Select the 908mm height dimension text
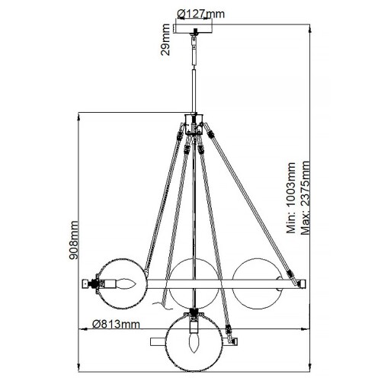coord(74,240)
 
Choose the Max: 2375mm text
coord(304,200)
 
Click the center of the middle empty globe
coord(194,283)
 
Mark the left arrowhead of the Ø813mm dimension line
coord(85,331)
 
